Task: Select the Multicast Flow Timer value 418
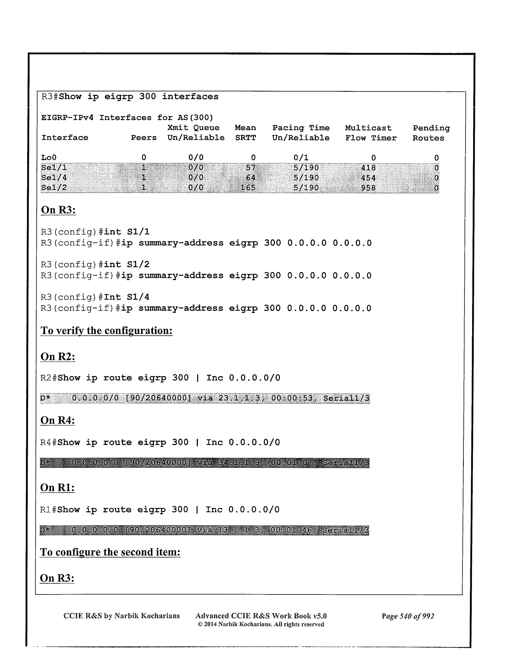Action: [x=368, y=168]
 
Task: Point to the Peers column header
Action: [x=144, y=138]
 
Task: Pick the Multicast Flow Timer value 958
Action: [x=368, y=188]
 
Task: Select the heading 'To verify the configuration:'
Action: [x=106, y=331]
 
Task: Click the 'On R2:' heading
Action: [x=58, y=356]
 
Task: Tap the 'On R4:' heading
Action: [x=58, y=421]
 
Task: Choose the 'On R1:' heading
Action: [x=57, y=488]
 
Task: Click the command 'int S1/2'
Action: [x=126, y=265]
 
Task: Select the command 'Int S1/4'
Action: [x=126, y=297]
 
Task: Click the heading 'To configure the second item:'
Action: [x=110, y=552]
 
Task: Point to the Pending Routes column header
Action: [x=431, y=133]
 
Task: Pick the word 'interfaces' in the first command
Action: [x=190, y=97]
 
